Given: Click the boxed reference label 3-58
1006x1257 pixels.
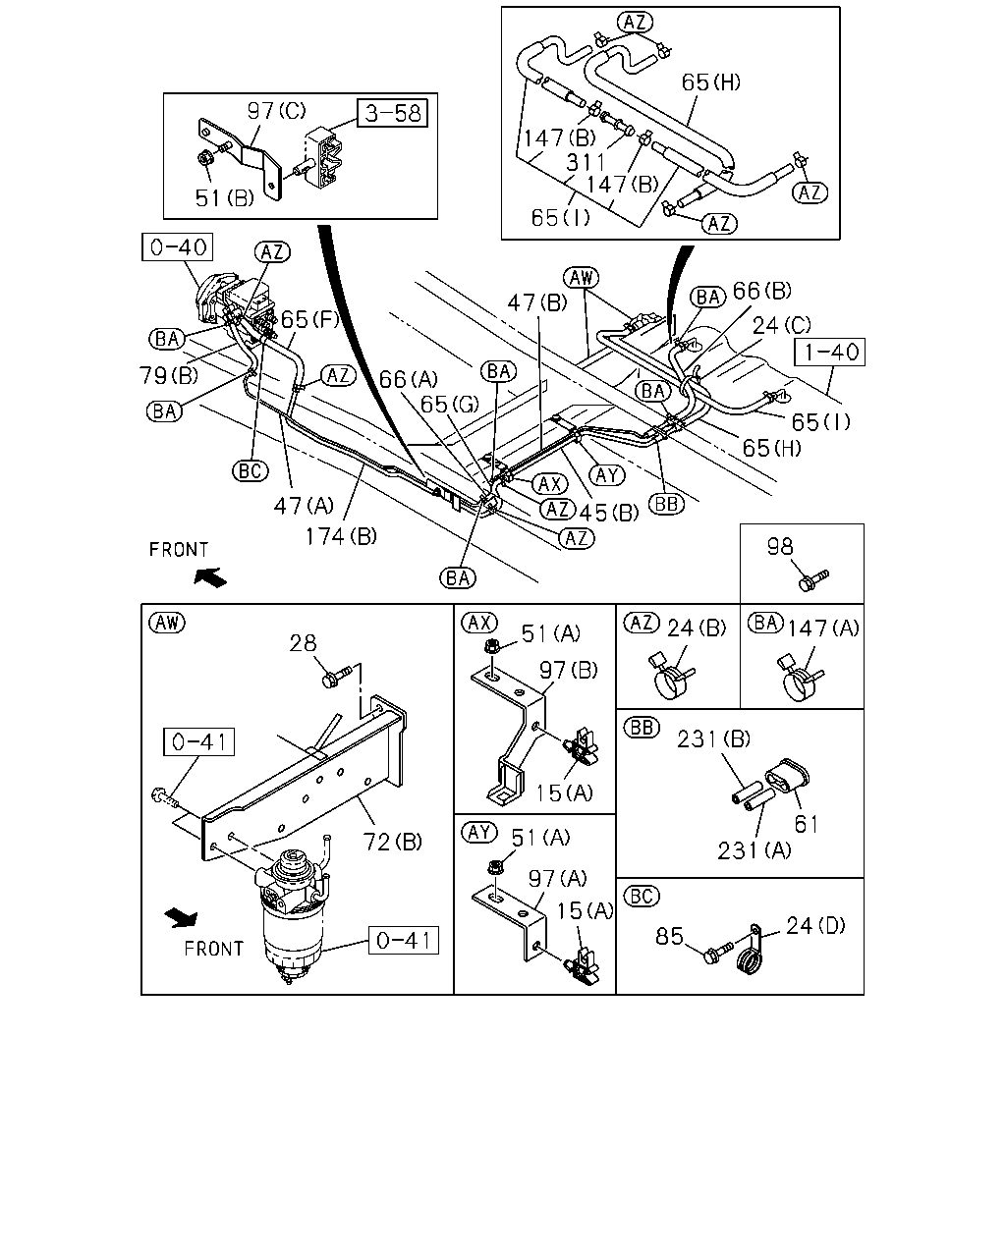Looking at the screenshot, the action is point(392,113).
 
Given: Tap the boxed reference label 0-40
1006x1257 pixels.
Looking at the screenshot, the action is point(177,247).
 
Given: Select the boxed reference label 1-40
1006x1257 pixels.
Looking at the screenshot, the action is point(829,353).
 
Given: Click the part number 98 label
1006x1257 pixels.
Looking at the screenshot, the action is point(780,547).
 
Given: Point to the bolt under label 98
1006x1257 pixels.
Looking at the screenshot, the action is point(813,580).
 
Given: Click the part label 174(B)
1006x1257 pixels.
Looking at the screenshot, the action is point(341,535).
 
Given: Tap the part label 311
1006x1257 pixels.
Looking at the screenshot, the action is point(586,162).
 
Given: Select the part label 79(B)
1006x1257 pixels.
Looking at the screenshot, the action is point(169,375).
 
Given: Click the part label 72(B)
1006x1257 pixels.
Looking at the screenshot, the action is point(392,842).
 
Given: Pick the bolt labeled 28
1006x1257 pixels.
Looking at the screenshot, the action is point(337,677).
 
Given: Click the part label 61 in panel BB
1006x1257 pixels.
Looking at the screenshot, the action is point(807,824).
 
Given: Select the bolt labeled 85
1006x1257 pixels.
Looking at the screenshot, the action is point(718,953).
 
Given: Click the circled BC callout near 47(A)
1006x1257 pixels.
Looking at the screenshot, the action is point(251,470).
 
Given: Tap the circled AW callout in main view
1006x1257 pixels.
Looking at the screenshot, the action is point(581,278).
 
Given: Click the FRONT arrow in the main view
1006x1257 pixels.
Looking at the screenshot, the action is point(210,577).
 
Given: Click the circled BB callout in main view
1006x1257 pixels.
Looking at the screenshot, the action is point(666,504).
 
